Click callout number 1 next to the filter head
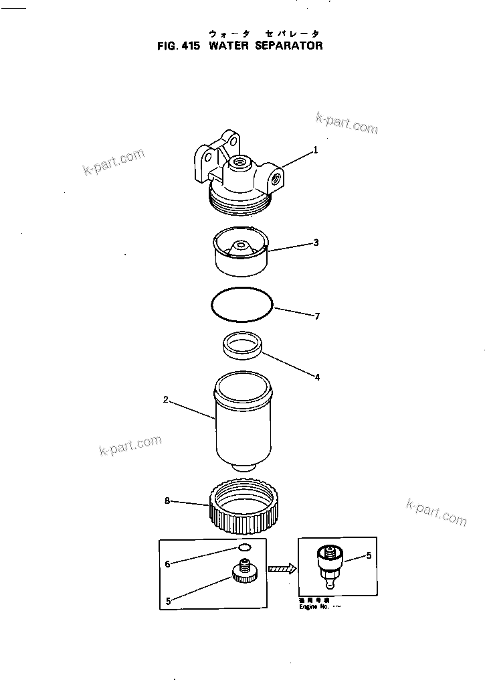316,151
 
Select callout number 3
316,243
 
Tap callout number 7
317,315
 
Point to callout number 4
317,377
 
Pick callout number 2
165,400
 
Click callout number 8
167,500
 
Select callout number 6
167,564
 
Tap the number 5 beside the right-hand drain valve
367,556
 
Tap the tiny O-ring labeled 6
246,548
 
